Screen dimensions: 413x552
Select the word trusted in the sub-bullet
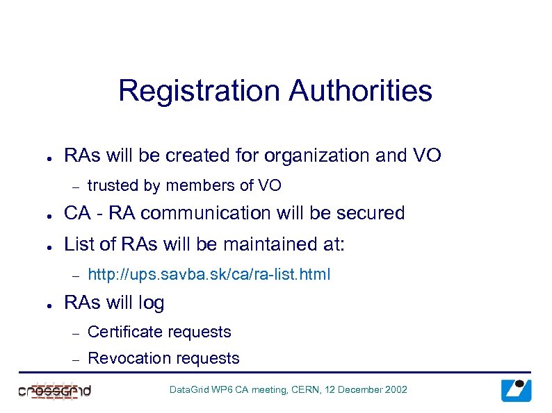(113, 185)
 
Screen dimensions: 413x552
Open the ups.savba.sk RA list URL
(209, 274)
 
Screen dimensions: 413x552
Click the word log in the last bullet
(152, 303)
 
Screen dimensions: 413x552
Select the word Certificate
(126, 332)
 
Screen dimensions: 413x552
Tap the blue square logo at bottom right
(516, 390)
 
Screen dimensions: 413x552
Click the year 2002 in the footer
(396, 390)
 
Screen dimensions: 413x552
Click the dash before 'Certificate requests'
(76, 333)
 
